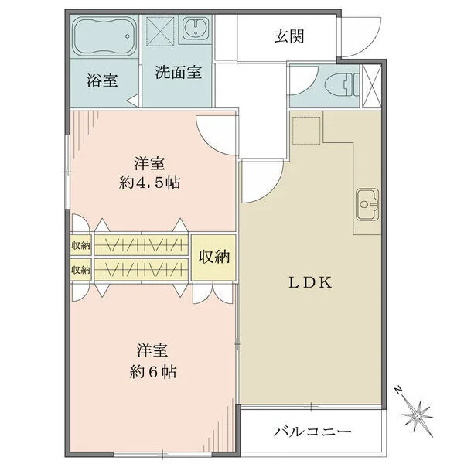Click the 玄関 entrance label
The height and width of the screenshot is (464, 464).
(x=289, y=36)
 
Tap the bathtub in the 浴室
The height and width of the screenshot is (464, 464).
(x=105, y=36)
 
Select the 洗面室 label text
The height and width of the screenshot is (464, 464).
(x=179, y=72)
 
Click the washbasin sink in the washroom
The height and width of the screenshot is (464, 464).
(x=196, y=28)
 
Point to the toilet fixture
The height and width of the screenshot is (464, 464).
(x=342, y=85)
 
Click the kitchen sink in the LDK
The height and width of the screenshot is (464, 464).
(x=368, y=204)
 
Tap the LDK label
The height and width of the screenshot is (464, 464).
(x=310, y=282)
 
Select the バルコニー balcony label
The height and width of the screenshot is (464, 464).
(x=312, y=432)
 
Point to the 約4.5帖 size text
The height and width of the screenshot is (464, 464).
(x=149, y=183)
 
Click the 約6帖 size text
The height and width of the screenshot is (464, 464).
(x=153, y=372)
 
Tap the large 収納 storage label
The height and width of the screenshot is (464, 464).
(x=213, y=256)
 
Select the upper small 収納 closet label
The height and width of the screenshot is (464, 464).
(x=80, y=245)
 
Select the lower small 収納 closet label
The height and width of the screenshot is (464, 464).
(x=80, y=270)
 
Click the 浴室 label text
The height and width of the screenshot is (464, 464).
(x=102, y=80)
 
